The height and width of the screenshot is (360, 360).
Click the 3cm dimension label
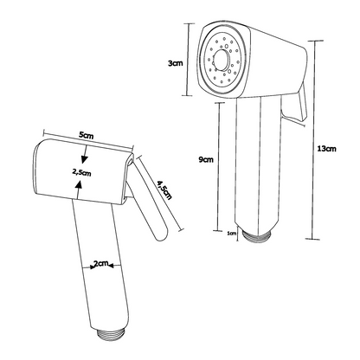pos(176,63)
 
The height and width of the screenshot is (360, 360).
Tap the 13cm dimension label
pos(326,149)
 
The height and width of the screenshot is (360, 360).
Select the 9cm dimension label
pos(206,159)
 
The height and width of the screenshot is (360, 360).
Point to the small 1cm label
pos(232,234)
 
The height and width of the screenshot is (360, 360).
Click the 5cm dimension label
pos(87,135)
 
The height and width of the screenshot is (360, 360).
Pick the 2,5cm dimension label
pos(81,172)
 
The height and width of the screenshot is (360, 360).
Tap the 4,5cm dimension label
pos(164,190)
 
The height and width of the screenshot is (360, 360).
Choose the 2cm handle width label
pos(100,263)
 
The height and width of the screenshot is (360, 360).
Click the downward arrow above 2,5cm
pos(85,154)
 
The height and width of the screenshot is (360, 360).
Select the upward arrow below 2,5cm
pos(79,190)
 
